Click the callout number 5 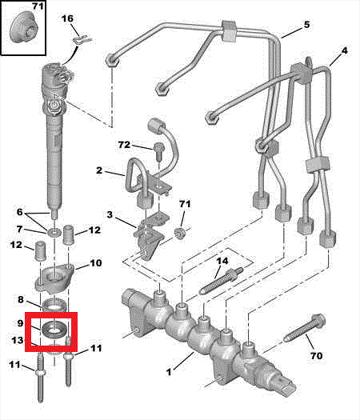pos(306,25)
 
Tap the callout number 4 pos(344,51)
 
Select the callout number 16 pos(67,18)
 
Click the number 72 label pos(124,145)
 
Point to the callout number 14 pos(222,261)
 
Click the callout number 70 pos(316,356)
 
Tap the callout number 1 pos(169,372)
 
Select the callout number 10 pos(95,263)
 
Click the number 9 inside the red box pos(20,323)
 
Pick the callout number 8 pos(21,300)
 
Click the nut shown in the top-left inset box pos(22,30)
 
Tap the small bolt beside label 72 pos(158,152)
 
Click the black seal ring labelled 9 pos(54,329)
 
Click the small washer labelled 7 pos(53,231)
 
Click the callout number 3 pos(110,215)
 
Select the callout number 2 pos(99,171)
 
